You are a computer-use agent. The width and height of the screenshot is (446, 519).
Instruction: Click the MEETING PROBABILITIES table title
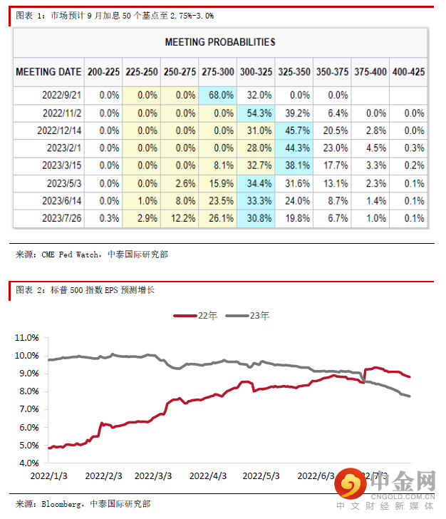(220, 43)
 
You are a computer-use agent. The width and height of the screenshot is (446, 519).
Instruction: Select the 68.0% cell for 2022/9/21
(218, 95)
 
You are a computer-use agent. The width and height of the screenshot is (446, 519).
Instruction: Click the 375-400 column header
(370, 72)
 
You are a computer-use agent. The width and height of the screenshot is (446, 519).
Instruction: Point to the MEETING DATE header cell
(48, 72)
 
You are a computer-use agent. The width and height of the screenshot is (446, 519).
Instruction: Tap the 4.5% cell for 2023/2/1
(370, 148)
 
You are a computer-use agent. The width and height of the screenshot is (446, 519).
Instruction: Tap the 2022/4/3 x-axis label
(209, 476)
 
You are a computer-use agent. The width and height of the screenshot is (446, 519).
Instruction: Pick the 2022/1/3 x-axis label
(48, 476)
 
